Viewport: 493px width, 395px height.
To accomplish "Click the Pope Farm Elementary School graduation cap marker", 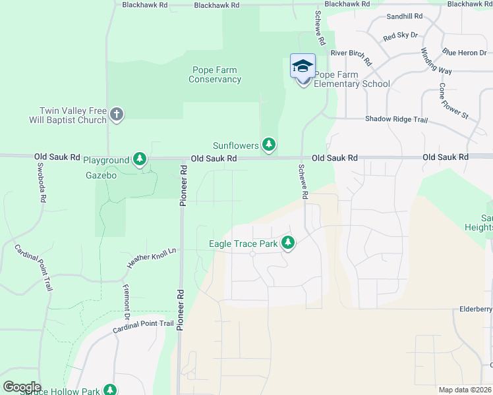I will [303, 66].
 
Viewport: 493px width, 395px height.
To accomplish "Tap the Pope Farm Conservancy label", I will [215, 75].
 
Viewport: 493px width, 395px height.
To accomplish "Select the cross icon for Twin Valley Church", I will [116, 115].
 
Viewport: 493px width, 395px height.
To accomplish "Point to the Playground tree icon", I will [139, 159].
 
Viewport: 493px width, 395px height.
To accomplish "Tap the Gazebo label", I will [101, 176].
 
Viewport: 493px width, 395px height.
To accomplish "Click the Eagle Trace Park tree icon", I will [287, 244].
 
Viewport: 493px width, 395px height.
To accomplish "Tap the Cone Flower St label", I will [453, 101].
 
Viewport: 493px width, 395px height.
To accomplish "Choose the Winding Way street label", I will [436, 61].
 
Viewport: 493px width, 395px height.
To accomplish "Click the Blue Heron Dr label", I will [464, 51].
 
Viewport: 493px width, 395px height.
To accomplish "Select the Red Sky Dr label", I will [400, 36].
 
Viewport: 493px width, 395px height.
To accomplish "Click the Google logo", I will [22, 387].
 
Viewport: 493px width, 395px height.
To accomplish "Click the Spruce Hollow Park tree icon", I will [109, 390].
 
